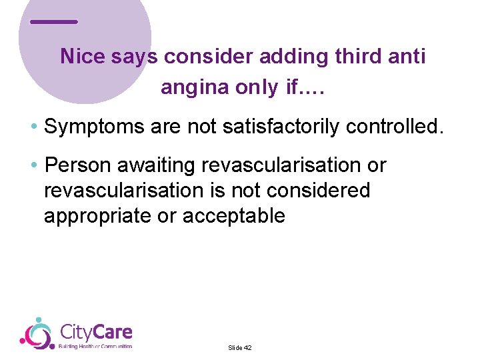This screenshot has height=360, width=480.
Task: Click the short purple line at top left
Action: (x=54, y=22)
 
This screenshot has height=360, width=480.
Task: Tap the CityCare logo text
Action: (x=96, y=331)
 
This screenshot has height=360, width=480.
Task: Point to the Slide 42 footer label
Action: (x=239, y=347)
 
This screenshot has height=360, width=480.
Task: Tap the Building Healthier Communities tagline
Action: (x=95, y=346)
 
